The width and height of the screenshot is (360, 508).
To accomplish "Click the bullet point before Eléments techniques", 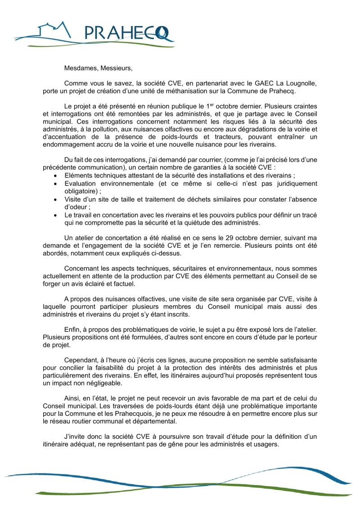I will click(55, 175).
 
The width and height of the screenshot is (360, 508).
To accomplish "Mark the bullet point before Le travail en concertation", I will click(55, 216).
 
